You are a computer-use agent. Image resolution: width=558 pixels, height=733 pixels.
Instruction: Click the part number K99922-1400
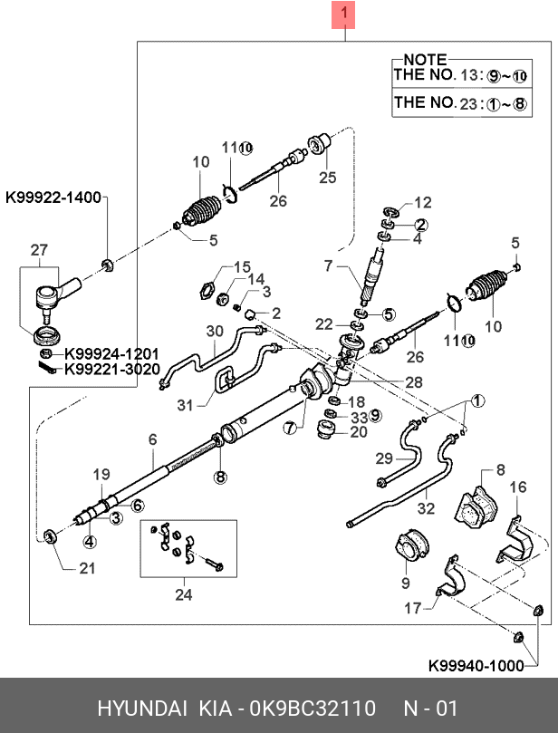53,196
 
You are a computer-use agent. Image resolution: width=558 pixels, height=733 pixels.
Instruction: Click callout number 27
39,249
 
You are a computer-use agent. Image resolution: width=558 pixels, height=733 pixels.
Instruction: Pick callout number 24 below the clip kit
184,595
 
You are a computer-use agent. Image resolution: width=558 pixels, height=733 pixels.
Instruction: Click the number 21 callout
86,568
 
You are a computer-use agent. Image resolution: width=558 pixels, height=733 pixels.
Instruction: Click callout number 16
517,488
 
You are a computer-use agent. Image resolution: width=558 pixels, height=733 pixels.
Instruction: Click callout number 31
185,406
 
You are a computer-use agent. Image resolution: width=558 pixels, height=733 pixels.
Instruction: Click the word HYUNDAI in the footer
141,708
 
